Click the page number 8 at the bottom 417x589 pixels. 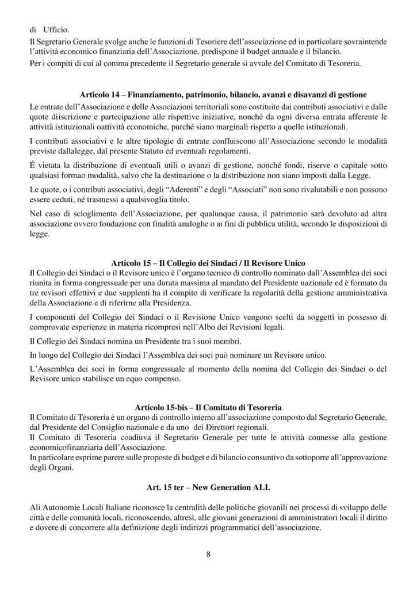[208, 554]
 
